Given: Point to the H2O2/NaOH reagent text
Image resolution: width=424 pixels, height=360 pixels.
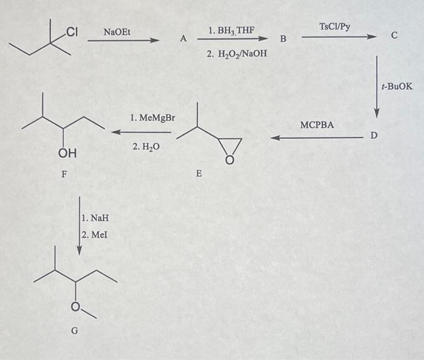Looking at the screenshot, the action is pyautogui.click(x=236, y=55).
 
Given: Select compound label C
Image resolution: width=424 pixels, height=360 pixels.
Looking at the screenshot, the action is pyautogui.click(x=394, y=36).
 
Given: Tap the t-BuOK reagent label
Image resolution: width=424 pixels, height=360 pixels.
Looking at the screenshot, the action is pyautogui.click(x=397, y=87).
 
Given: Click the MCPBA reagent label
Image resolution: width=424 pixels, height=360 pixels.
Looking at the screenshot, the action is pyautogui.click(x=317, y=125).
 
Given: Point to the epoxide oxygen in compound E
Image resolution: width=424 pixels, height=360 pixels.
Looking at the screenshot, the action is pyautogui.click(x=229, y=161).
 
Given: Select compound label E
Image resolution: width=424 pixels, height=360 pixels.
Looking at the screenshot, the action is pyautogui.click(x=199, y=174).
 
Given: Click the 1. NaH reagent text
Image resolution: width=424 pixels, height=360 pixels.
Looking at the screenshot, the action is pyautogui.click(x=94, y=218).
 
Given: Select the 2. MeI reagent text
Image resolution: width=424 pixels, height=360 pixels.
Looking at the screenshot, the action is pyautogui.click(x=94, y=233).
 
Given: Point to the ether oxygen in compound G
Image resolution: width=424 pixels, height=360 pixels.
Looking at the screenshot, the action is pyautogui.click(x=77, y=308).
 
